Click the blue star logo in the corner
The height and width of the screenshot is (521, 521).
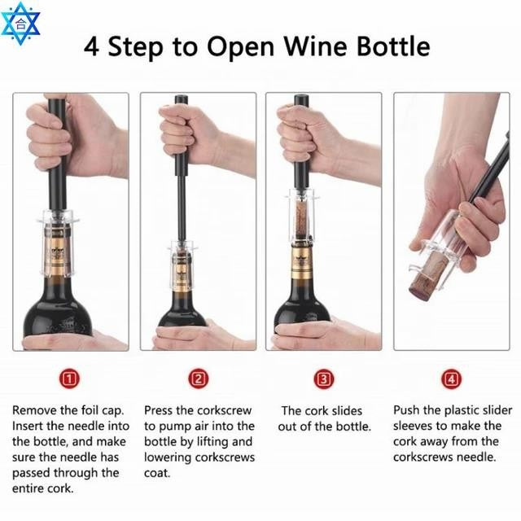(x=20, y=22)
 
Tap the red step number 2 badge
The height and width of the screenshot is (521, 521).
(x=198, y=379)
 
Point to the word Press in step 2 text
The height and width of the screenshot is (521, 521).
(x=161, y=410)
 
